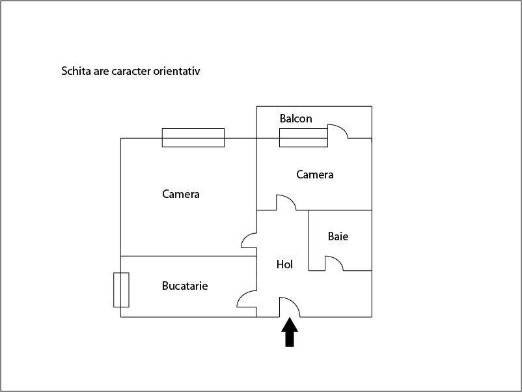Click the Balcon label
tap(295, 119)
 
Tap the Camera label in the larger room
tap(181, 194)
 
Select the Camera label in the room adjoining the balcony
tap(315, 175)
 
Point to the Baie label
tap(338, 236)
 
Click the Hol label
tap(284, 264)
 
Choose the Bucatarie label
tap(185, 286)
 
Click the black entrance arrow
tap(290, 332)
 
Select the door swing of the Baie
tap(338, 260)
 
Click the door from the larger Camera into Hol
tap(245, 236)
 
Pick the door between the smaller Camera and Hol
tap(290, 199)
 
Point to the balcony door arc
tap(342, 128)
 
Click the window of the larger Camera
tap(193, 137)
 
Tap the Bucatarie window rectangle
tap(121, 290)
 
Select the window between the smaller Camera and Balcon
tap(303, 137)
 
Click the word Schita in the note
tap(76, 71)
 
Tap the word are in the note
tap(101, 71)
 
